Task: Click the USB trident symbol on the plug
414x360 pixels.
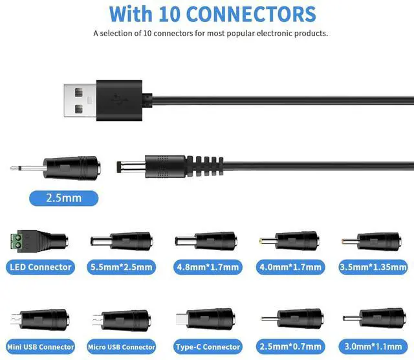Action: pyautogui.click(x=118, y=99)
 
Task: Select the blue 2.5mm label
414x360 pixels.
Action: pyautogui.click(x=63, y=197)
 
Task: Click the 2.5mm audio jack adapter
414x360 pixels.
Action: pyautogui.click(x=71, y=168)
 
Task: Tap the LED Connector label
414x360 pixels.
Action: pyautogui.click(x=40, y=266)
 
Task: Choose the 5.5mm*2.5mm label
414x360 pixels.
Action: pyautogui.click(x=122, y=266)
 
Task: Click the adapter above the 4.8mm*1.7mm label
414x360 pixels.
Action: pyautogui.click(x=206, y=242)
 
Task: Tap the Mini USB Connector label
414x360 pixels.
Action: pyautogui.click(x=39, y=346)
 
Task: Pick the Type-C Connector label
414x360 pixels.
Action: pyautogui.click(x=206, y=346)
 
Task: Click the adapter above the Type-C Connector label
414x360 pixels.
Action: pyautogui.click(x=206, y=319)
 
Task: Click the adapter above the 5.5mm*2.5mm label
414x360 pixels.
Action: pyautogui.click(x=122, y=242)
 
